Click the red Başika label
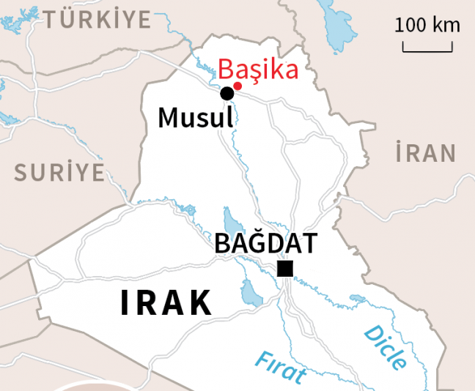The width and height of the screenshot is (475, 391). (x=259, y=71)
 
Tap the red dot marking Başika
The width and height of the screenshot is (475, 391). (x=237, y=86)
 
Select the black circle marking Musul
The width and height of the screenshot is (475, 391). (x=227, y=93)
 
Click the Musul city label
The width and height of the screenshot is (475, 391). (x=195, y=118)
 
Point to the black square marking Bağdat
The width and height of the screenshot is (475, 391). (x=285, y=269)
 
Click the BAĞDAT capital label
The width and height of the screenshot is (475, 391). (x=266, y=243)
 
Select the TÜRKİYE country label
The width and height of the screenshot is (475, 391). (x=97, y=20)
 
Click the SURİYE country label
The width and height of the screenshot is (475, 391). (x=59, y=173)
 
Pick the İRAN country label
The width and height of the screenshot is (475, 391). (x=425, y=154)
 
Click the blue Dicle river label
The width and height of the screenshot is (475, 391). (x=386, y=347)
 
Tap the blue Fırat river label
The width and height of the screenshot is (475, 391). (x=280, y=367)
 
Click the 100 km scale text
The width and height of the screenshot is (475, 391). (x=428, y=26)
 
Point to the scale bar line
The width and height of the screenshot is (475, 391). (x=428, y=50)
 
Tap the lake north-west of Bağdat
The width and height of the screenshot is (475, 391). (x=232, y=220)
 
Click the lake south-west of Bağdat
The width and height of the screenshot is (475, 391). (x=251, y=294)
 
